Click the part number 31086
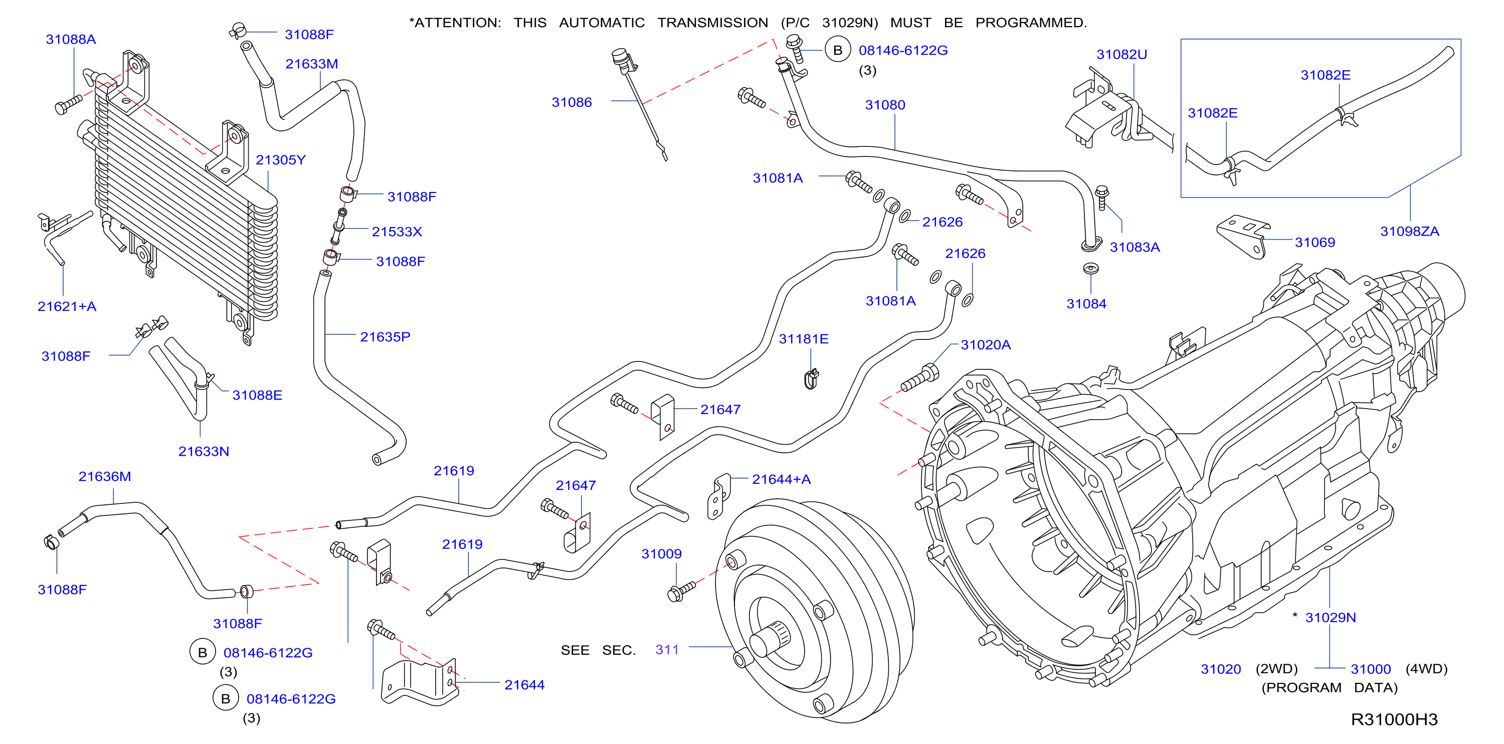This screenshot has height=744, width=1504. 572,102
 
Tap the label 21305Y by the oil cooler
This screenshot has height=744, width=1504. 280,160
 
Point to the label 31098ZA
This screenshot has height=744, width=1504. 1409,231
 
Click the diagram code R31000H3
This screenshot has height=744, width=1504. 1394,719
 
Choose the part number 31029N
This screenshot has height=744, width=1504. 1330,617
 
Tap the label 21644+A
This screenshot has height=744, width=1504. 781,479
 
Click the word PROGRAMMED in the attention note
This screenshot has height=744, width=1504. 1031,23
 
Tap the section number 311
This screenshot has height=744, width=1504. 667,649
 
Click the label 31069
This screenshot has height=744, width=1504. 1315,242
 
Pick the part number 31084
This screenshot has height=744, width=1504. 1086,304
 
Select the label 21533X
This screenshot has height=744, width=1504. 397,232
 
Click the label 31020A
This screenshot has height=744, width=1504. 986,344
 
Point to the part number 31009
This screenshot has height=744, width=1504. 661,553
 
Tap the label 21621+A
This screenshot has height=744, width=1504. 67,307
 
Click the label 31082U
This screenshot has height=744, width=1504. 1121,54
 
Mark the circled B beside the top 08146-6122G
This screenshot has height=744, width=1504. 838,50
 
